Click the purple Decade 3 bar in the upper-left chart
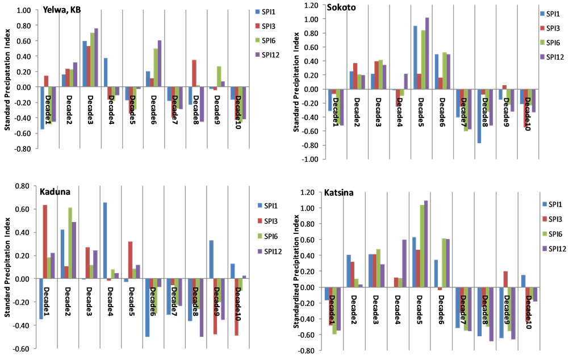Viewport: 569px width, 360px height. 96,57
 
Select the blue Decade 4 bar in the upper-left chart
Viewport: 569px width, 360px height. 106,73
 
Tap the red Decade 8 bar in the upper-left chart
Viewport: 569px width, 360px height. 194,73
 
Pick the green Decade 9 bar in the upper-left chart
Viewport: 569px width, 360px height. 219,77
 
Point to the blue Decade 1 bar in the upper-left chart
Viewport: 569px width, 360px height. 42,108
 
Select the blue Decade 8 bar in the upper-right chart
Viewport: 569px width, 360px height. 479,116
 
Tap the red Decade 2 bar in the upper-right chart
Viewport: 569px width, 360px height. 355,76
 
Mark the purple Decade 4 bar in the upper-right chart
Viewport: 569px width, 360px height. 405,81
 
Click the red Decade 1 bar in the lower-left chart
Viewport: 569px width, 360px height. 45,241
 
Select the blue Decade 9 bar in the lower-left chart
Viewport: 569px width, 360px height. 211,259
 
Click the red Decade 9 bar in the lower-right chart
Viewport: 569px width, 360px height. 505,279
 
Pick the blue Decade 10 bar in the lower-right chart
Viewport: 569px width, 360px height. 523,281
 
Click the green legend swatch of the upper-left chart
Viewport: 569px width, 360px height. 258,40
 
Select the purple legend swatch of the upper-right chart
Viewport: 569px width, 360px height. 542,57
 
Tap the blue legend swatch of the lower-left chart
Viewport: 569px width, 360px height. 260,206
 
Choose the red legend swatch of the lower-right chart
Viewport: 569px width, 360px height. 545,219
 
